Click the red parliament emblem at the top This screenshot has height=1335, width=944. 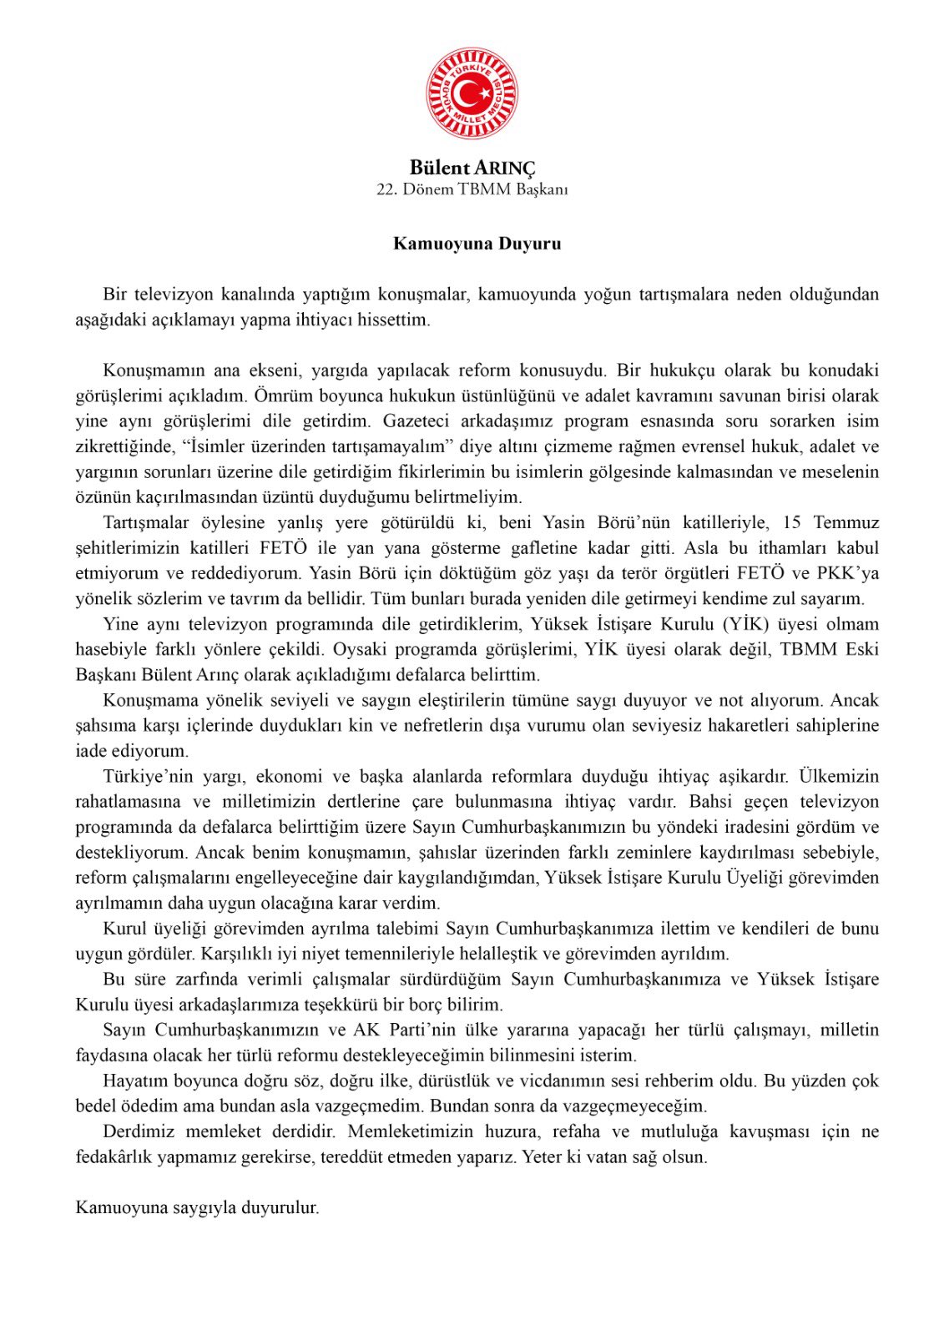coord(472,93)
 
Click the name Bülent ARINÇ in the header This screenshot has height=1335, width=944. coord(472,168)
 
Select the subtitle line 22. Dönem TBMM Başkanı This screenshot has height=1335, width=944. coord(472,189)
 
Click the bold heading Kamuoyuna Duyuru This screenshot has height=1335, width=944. coord(477,244)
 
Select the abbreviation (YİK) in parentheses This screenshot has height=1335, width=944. coord(745,624)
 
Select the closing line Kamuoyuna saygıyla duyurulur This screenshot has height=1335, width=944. coord(197,1207)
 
